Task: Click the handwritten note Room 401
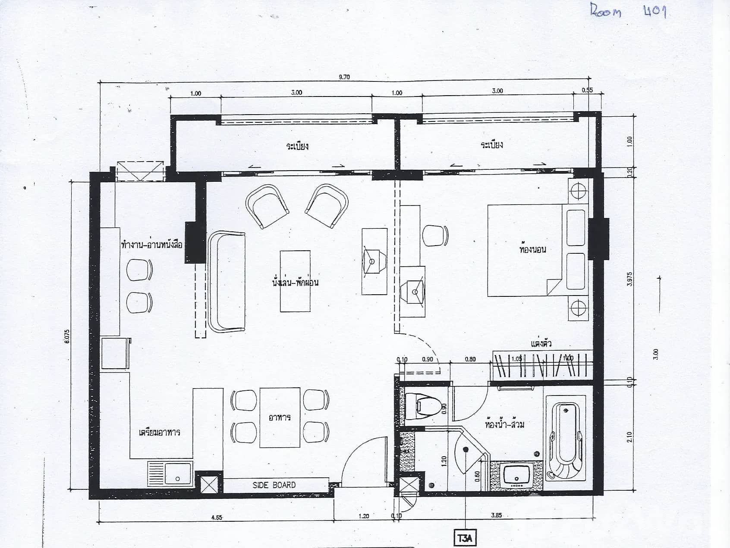coord(628,11)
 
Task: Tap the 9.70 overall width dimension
coord(344,77)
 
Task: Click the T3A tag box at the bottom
coord(465,538)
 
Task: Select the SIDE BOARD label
coord(274,485)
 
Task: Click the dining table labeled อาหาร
coord(280,417)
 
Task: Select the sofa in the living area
coord(227,282)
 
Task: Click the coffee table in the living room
coord(295,281)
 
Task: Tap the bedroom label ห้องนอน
coord(532,249)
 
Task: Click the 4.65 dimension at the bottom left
coord(217,517)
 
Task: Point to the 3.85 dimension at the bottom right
coord(496,515)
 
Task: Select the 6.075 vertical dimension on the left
coord(66,336)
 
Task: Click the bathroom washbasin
coord(516,475)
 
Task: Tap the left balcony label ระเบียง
coord(297,146)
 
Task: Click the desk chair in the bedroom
coord(435,235)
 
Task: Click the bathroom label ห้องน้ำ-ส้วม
coord(504,424)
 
